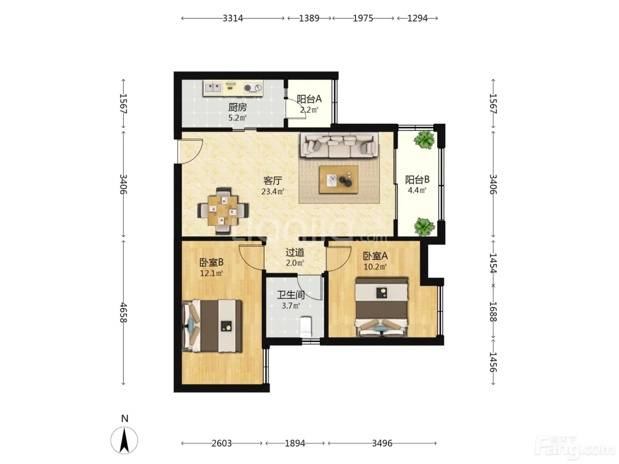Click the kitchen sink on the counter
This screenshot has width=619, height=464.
click(213, 87)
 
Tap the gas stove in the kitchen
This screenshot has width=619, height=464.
click(253, 88)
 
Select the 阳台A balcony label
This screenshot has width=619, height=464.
click(309, 99)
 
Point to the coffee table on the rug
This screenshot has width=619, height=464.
click(338, 180)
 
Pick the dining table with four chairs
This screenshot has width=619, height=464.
click(223, 211)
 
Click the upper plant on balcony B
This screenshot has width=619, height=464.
click(424, 140)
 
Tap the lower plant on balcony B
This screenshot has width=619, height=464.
click(424, 227)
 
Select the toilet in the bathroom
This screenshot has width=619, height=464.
click(306, 327)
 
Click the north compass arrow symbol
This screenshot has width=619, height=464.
click(124, 440)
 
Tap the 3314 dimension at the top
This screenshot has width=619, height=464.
click(233, 18)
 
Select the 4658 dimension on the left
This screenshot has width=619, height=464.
click(123, 313)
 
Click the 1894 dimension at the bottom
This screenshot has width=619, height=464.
click(295, 443)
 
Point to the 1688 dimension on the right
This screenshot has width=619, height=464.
click(493, 312)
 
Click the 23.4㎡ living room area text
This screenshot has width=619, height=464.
click(272, 192)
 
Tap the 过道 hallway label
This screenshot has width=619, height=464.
click(295, 252)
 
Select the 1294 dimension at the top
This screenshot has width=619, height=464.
click(418, 18)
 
